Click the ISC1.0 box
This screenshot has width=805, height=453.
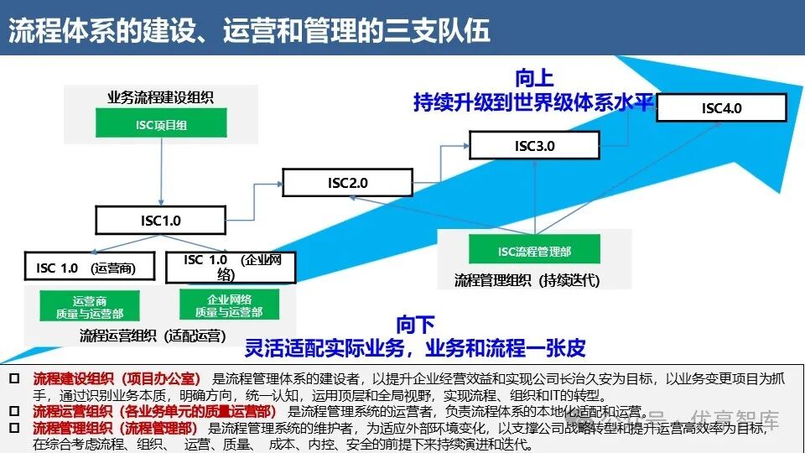[x=160, y=221]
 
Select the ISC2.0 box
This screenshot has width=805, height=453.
[x=347, y=182]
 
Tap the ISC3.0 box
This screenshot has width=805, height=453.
[x=534, y=145]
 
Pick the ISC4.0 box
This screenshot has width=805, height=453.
[x=721, y=108]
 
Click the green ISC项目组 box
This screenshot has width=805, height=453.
[x=160, y=124]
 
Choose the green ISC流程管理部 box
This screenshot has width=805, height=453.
[x=534, y=251]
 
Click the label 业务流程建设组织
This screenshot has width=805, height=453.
[x=160, y=97]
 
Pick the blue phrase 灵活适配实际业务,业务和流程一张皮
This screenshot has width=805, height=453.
[x=415, y=347]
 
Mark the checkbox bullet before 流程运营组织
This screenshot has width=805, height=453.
[x=13, y=412]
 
